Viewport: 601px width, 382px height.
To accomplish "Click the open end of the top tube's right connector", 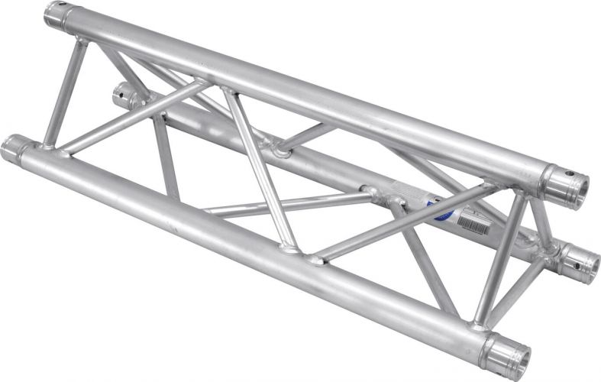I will coord(575,186).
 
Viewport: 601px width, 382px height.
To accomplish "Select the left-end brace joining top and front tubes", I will coord(64,92).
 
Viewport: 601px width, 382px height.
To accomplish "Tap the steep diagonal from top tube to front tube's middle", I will coord(256,168).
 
